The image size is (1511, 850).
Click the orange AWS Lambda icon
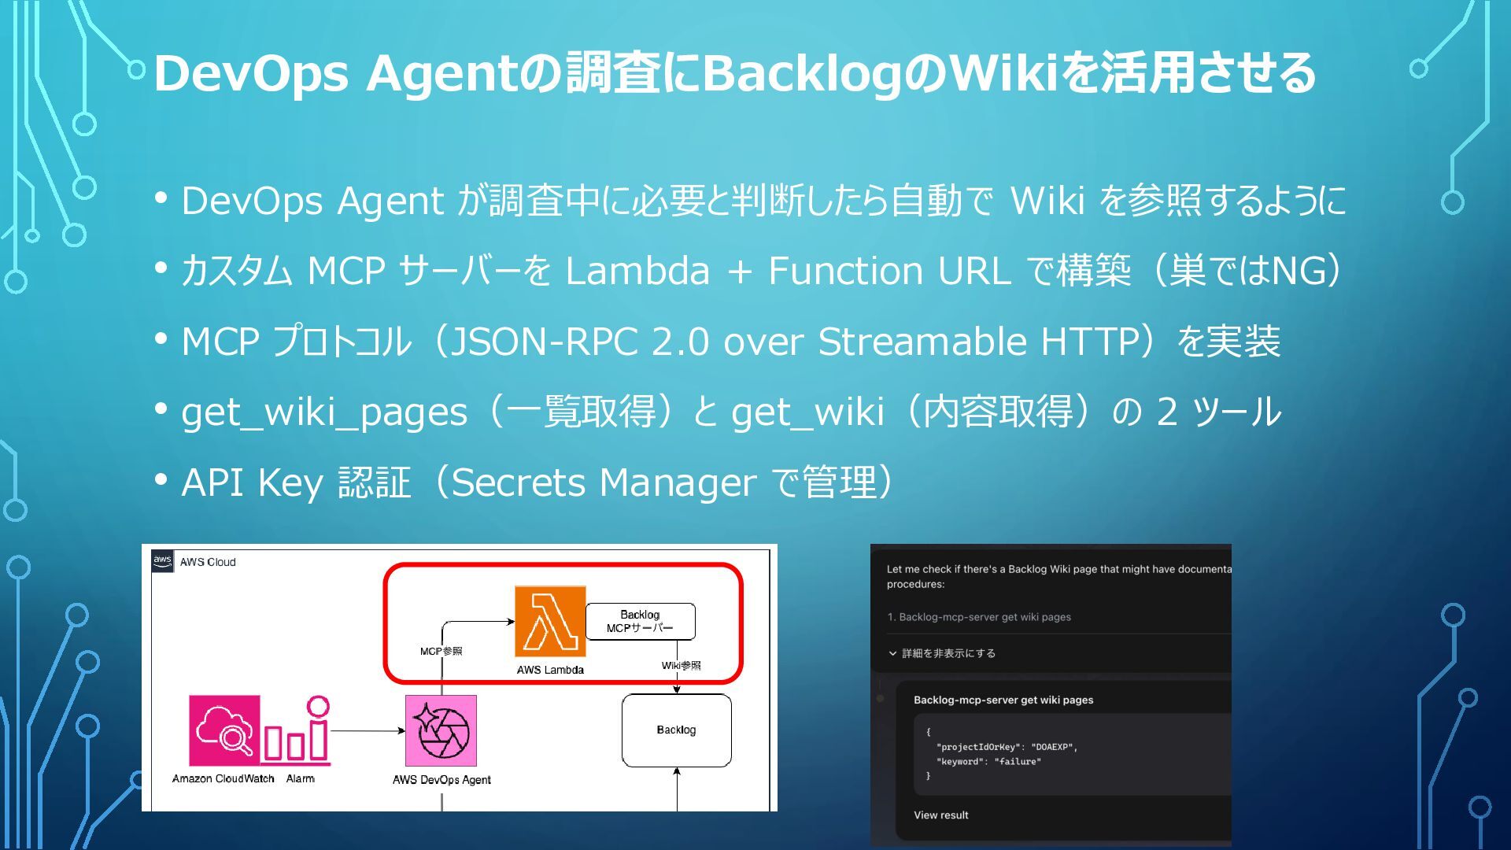pyautogui.click(x=550, y=621)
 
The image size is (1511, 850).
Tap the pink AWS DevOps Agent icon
pyautogui.click(x=441, y=730)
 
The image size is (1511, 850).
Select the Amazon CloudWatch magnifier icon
pyautogui.click(x=224, y=730)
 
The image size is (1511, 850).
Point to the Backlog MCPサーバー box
pyautogui.click(x=640, y=621)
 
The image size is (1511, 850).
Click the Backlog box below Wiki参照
pyautogui.click(x=676, y=730)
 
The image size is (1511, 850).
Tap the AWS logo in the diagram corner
pyautogui.click(x=162, y=561)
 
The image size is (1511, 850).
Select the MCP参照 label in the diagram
pyautogui.click(x=441, y=651)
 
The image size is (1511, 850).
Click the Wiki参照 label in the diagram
pyautogui.click(x=681, y=665)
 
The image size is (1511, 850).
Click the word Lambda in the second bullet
pyautogui.click(x=637, y=271)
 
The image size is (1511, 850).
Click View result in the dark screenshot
pyautogui.click(x=940, y=815)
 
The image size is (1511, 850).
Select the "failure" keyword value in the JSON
pyautogui.click(x=1017, y=762)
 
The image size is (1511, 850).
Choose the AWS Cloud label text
pyautogui.click(x=208, y=562)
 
